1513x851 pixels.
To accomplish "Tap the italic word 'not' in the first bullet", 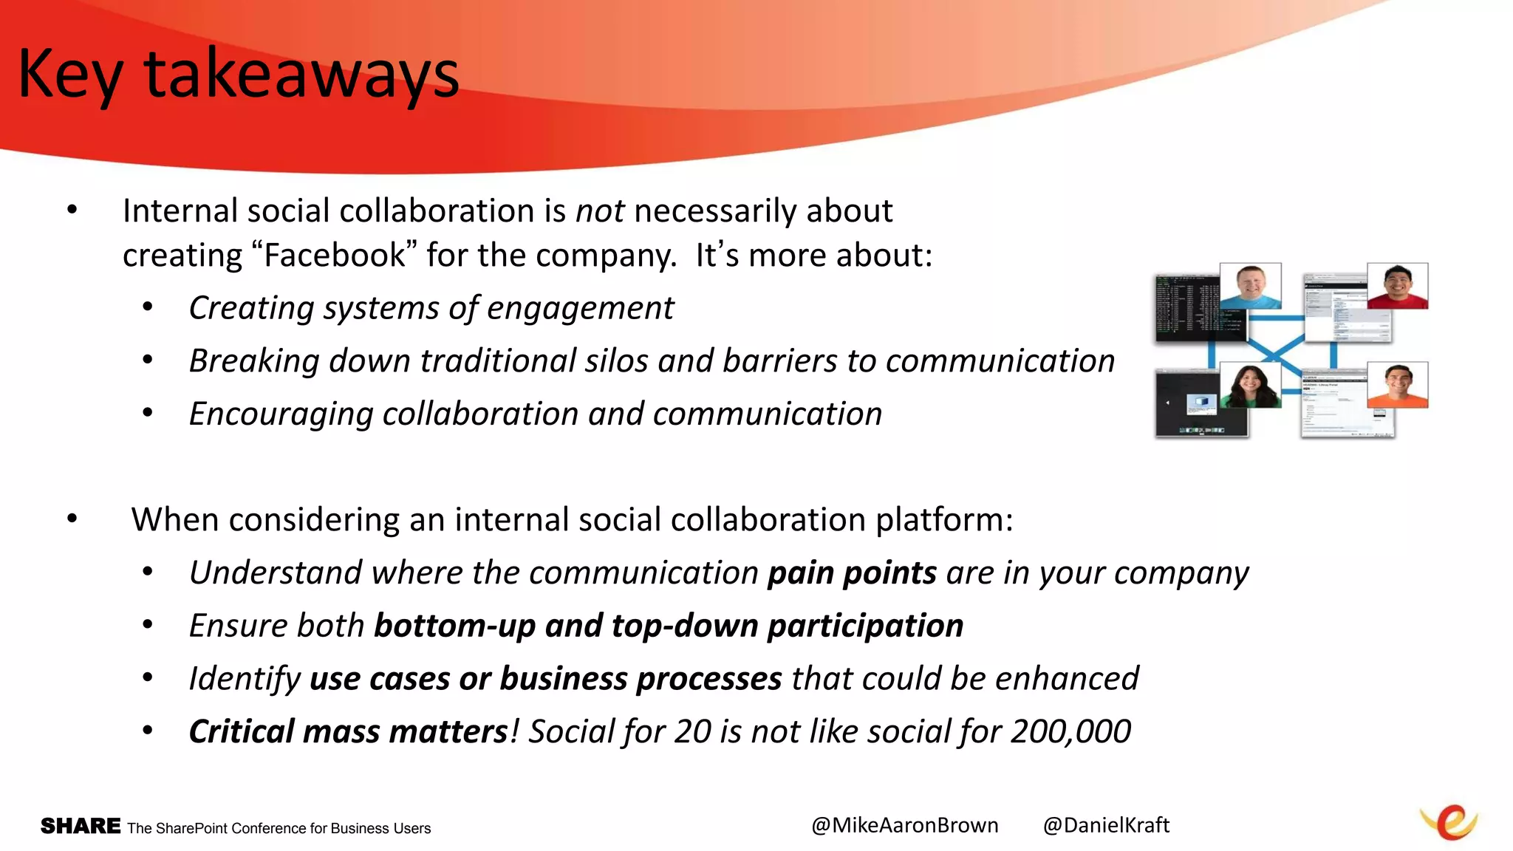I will click(600, 211).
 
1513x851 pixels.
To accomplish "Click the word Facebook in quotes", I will click(335, 256).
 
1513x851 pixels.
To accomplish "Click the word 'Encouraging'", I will click(281, 414).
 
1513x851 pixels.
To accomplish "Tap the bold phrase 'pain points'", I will click(852, 573).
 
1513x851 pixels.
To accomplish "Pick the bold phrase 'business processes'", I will click(641, 679).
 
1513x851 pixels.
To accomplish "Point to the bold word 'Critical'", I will click(242, 732).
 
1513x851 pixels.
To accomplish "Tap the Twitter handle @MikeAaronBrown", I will click(904, 825).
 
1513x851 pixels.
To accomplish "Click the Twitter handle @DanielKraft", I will click(1106, 825).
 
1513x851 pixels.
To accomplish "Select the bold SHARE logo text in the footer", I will click(81, 826).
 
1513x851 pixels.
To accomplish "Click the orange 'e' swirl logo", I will click(1449, 822).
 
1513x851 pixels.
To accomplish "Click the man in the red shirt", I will click(1397, 286).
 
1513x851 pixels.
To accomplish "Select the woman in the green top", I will click(1250, 386).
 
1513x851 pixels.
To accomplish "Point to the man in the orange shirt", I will click(1397, 385).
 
